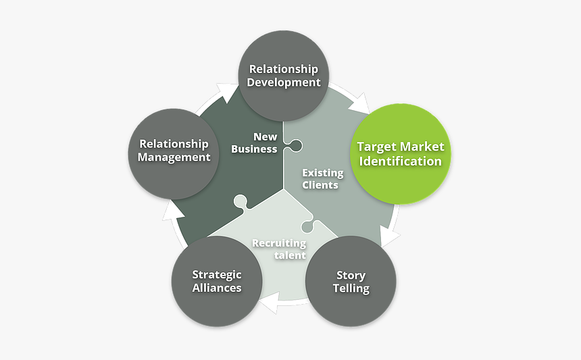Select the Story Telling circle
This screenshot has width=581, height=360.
point(351,280)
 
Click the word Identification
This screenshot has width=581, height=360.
point(401,161)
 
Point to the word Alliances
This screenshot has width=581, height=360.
point(216,288)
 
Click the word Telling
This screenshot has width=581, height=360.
point(351,288)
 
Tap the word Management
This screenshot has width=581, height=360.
point(174,157)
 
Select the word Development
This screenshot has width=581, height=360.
point(284,82)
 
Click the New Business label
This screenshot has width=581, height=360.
point(255,143)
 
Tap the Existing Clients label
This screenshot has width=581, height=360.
point(322,178)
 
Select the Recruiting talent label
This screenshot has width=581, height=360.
point(280,249)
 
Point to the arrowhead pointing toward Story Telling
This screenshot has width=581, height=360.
point(390,236)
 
